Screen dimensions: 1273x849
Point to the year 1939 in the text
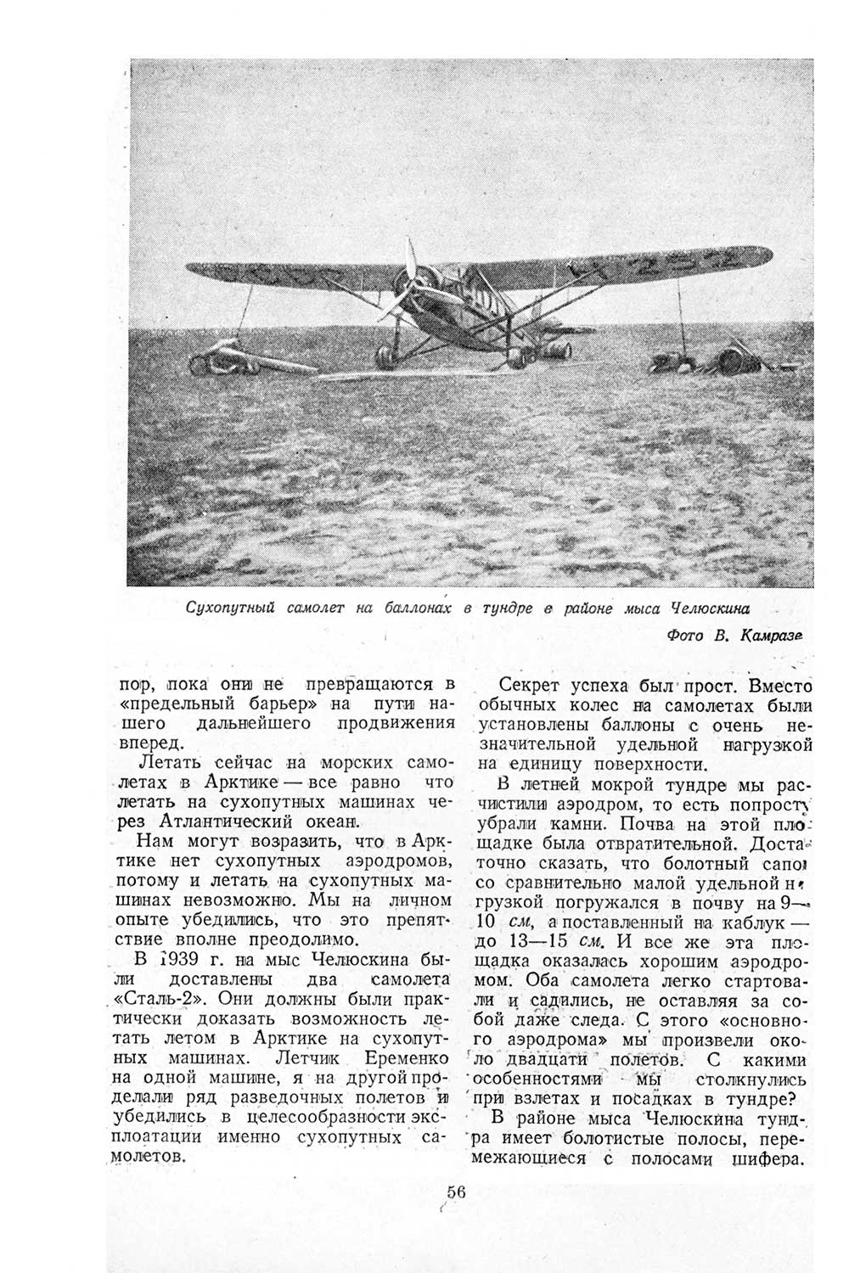point(175,961)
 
